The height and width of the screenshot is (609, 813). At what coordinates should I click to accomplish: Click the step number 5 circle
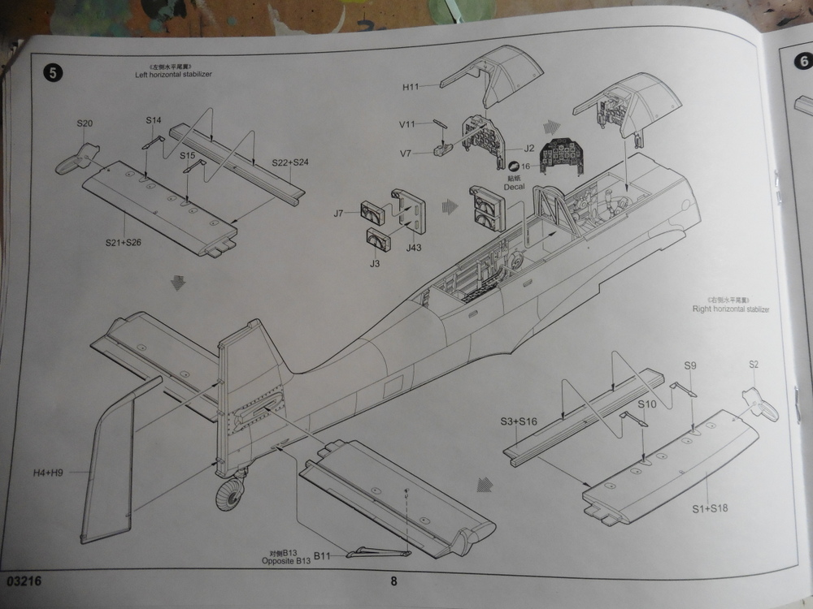tap(53, 73)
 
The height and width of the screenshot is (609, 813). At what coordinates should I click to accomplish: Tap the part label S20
tap(85, 123)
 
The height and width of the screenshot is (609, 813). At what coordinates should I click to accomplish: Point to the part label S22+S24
tap(289, 162)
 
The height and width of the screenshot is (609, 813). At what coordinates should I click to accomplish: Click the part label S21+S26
tap(123, 242)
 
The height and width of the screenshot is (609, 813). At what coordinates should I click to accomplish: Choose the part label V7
tap(409, 152)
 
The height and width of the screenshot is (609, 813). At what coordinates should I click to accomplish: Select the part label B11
tap(324, 555)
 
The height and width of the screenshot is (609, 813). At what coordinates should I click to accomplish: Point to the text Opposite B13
tap(286, 561)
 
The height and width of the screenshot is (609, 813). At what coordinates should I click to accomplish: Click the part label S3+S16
tap(519, 422)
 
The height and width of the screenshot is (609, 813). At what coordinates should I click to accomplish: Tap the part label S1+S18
tap(710, 508)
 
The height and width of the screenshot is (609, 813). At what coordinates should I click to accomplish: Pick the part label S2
tap(754, 365)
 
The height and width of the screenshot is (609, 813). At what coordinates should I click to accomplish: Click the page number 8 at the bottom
tap(394, 580)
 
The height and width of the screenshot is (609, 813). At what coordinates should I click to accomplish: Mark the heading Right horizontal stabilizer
tap(730, 309)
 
